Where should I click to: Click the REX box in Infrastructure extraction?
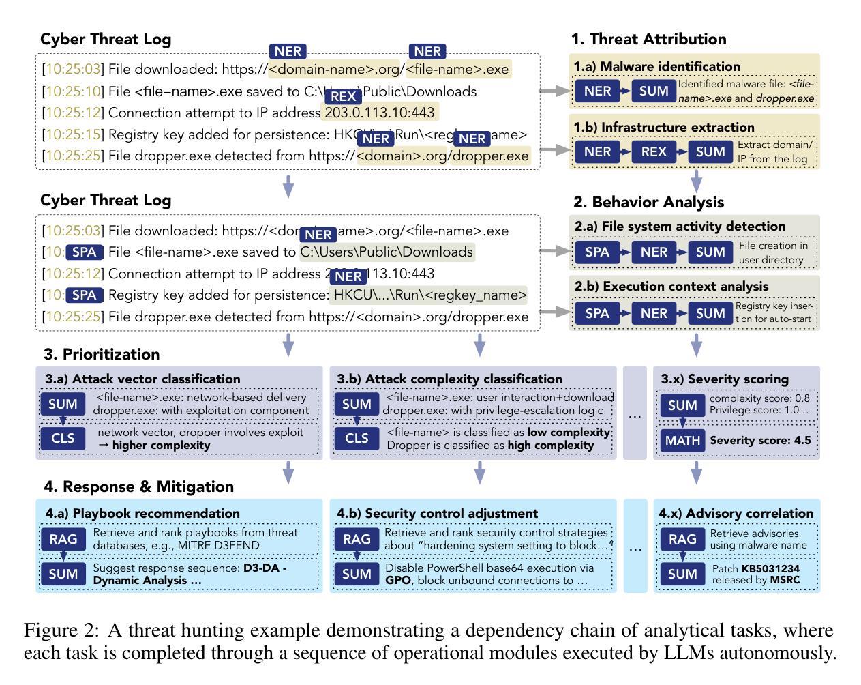coord(654,151)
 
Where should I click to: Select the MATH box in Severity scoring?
coord(682,440)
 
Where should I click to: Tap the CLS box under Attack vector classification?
coord(63,438)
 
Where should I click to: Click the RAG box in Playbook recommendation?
coord(63,539)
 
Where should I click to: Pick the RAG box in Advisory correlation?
coord(682,539)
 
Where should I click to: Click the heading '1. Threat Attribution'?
coord(648,39)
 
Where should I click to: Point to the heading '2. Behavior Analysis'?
coord(648,202)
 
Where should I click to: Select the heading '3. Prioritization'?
coord(102,354)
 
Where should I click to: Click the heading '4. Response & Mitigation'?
coord(139,486)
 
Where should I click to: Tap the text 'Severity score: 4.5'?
coord(760,440)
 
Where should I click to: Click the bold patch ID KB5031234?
coord(770,568)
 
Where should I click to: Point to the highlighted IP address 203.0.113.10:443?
coord(380,113)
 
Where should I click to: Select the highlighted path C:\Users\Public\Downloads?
coord(387,252)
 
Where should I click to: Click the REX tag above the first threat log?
coord(342,97)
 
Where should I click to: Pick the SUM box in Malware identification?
coord(654,91)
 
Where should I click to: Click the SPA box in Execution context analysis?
coord(597,313)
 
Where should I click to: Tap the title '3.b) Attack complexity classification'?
coord(450,379)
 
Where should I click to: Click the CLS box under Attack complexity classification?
coord(357,438)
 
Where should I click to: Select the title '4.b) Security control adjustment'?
coord(438,513)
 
